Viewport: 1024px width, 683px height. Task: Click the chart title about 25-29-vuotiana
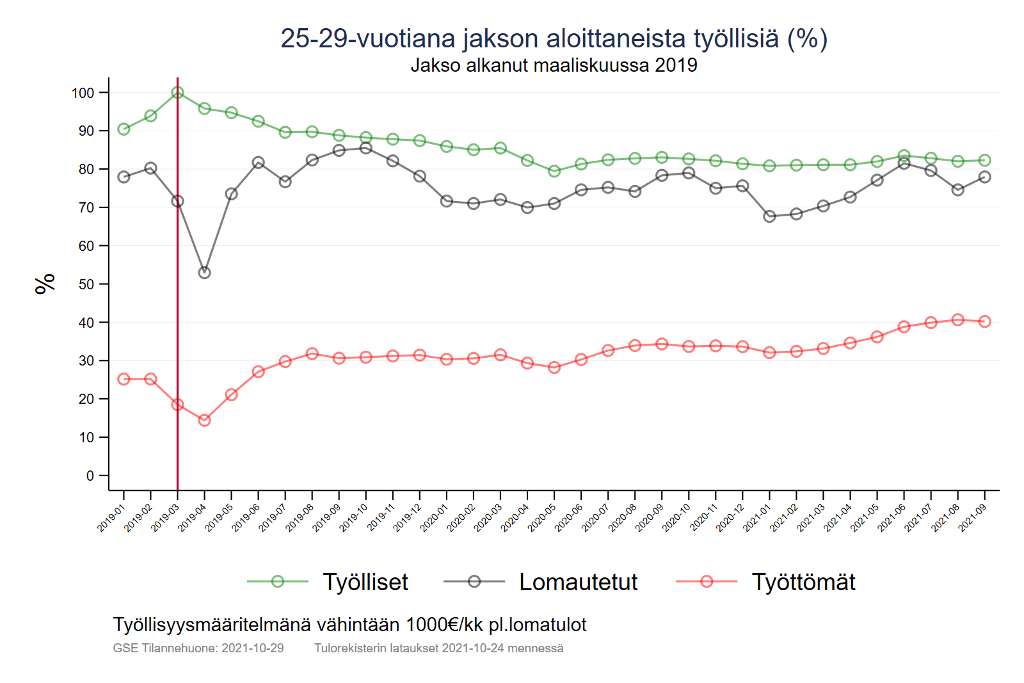[x=554, y=38]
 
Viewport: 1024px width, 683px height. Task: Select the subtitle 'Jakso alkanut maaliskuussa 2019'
[x=554, y=65]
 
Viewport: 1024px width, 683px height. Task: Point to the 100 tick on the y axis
[x=83, y=93]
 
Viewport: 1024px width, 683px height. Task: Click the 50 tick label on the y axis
[x=86, y=284]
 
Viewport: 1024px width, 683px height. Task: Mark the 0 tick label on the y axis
[x=90, y=476]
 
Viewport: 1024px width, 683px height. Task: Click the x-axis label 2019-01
[x=111, y=518]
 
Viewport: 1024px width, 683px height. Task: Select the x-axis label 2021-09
[x=972, y=518]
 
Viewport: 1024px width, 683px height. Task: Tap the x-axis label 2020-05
[x=542, y=518]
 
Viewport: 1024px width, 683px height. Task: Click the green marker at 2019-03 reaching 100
[x=178, y=93]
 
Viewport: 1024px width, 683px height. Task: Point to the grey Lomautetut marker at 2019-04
[x=205, y=273]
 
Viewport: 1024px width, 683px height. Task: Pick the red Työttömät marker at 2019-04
[x=205, y=420]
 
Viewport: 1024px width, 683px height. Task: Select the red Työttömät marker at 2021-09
[x=985, y=321]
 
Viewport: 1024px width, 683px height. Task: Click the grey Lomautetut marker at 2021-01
[x=770, y=216]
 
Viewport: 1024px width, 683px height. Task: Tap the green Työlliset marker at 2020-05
[x=554, y=171]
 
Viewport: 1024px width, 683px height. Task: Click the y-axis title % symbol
[x=45, y=284]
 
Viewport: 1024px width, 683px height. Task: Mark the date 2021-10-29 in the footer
[x=253, y=648]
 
